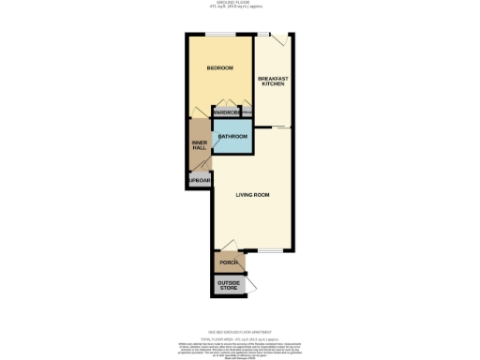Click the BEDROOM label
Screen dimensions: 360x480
(219, 68)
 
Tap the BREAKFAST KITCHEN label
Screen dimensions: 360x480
(273, 81)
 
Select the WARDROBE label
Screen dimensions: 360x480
(227, 112)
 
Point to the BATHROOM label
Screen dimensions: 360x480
(232, 137)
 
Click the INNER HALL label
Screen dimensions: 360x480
(199, 146)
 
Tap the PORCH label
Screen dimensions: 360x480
(228, 262)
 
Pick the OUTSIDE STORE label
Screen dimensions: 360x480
(229, 284)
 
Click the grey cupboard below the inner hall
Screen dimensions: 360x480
(199, 181)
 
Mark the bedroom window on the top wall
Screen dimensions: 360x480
(221, 37)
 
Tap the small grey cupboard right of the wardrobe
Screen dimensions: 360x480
(247, 112)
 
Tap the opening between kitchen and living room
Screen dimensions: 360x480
(279, 125)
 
